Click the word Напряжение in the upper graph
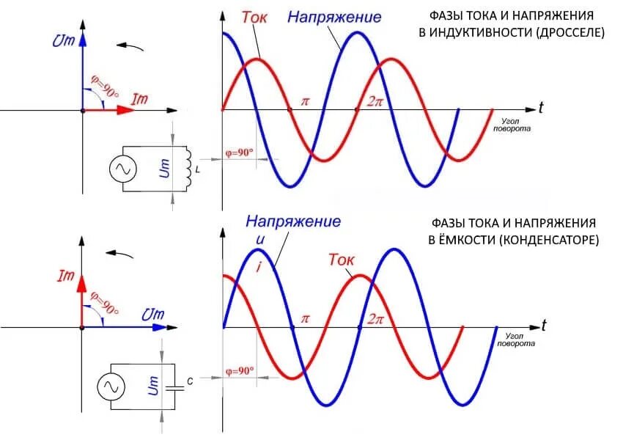click(x=334, y=16)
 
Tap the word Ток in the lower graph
click(x=342, y=260)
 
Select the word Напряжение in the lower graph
click(x=293, y=220)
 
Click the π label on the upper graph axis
click(x=305, y=102)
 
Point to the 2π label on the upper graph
click(x=375, y=102)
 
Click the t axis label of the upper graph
click(x=540, y=109)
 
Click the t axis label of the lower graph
click(x=544, y=325)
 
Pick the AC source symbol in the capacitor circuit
click(x=113, y=385)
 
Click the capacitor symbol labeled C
click(x=174, y=386)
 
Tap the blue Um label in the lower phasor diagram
click(x=152, y=314)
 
